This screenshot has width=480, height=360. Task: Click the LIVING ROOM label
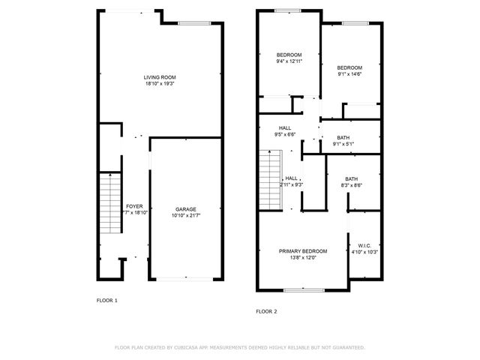point(160,77)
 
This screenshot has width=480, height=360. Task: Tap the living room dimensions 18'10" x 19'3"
point(160,84)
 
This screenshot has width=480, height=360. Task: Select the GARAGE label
point(187,208)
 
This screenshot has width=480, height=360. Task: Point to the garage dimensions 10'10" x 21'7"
point(187,215)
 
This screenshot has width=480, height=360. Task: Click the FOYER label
point(133,205)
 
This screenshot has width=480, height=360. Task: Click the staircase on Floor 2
point(268,180)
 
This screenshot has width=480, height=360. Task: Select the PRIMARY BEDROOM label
point(303,251)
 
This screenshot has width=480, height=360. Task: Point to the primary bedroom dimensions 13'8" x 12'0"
point(303,258)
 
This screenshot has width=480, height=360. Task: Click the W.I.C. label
point(365,245)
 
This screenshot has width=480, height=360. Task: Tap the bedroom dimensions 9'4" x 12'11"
point(289,61)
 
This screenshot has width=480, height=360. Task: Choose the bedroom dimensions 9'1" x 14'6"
point(350,74)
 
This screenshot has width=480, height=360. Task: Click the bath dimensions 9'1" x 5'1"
point(343,144)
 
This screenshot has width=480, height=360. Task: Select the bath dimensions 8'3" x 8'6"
point(352,185)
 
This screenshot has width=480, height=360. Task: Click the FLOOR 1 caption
point(107,300)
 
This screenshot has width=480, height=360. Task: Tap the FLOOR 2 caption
point(266,310)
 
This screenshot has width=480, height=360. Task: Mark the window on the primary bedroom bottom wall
point(304,289)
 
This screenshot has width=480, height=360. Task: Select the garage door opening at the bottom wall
point(187,279)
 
